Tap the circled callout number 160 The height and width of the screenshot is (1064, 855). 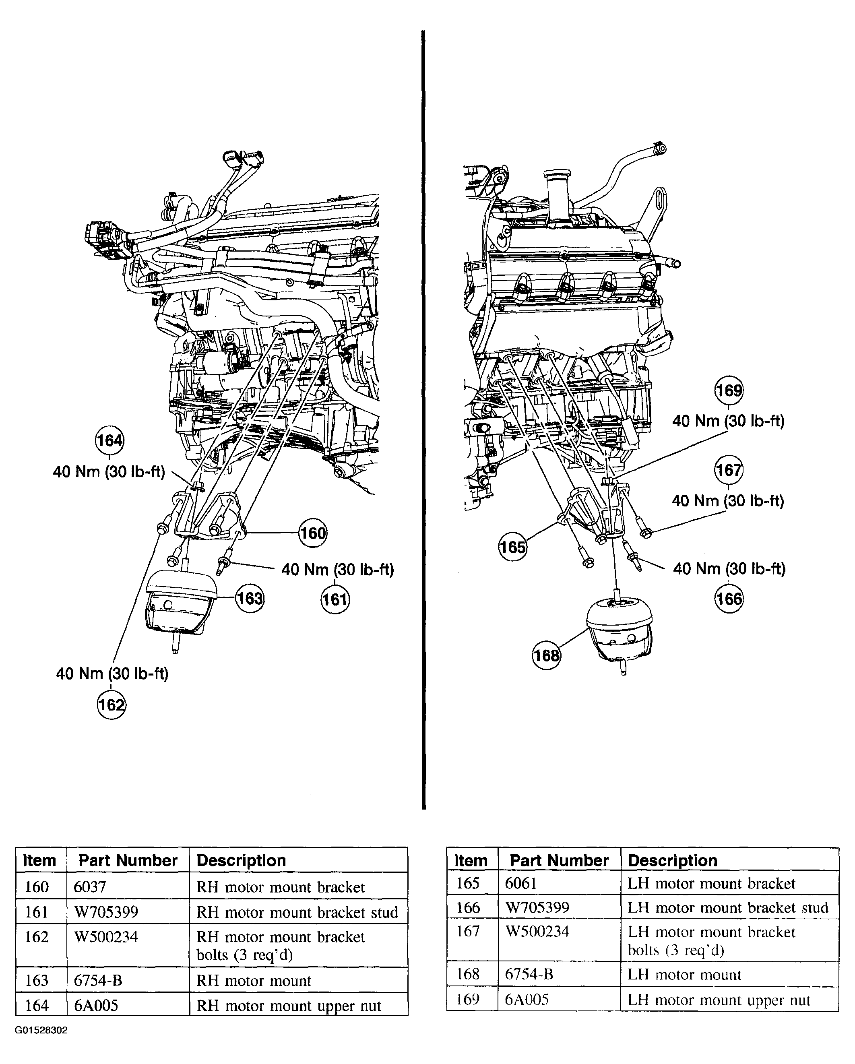pyautogui.click(x=313, y=533)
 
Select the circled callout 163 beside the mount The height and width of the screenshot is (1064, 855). pyautogui.click(x=250, y=599)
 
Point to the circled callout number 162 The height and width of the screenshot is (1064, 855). pyautogui.click(x=112, y=705)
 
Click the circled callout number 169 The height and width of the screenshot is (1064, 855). pyautogui.click(x=729, y=390)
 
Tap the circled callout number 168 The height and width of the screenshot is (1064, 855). pyautogui.click(x=547, y=655)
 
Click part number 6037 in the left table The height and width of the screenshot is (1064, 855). pyautogui.click(x=90, y=887)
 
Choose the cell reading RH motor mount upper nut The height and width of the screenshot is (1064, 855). pyautogui.click(x=289, y=1006)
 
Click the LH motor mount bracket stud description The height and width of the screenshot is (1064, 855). pyautogui.click(x=728, y=907)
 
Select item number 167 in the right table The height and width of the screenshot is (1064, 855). pyautogui.click(x=468, y=931)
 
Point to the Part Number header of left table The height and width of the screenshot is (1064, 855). pyautogui.click(x=128, y=861)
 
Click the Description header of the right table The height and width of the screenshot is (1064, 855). pyautogui.click(x=672, y=861)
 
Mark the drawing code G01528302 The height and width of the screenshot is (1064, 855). pyautogui.click(x=41, y=1031)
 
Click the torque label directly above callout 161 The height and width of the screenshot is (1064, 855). pyautogui.click(x=337, y=570)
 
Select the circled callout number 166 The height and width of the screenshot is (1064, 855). pyautogui.click(x=729, y=599)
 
